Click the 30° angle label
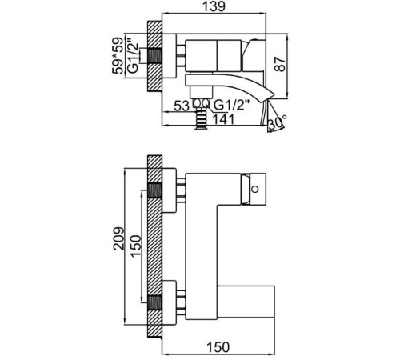click(x=278, y=122)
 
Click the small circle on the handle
click(x=255, y=190)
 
